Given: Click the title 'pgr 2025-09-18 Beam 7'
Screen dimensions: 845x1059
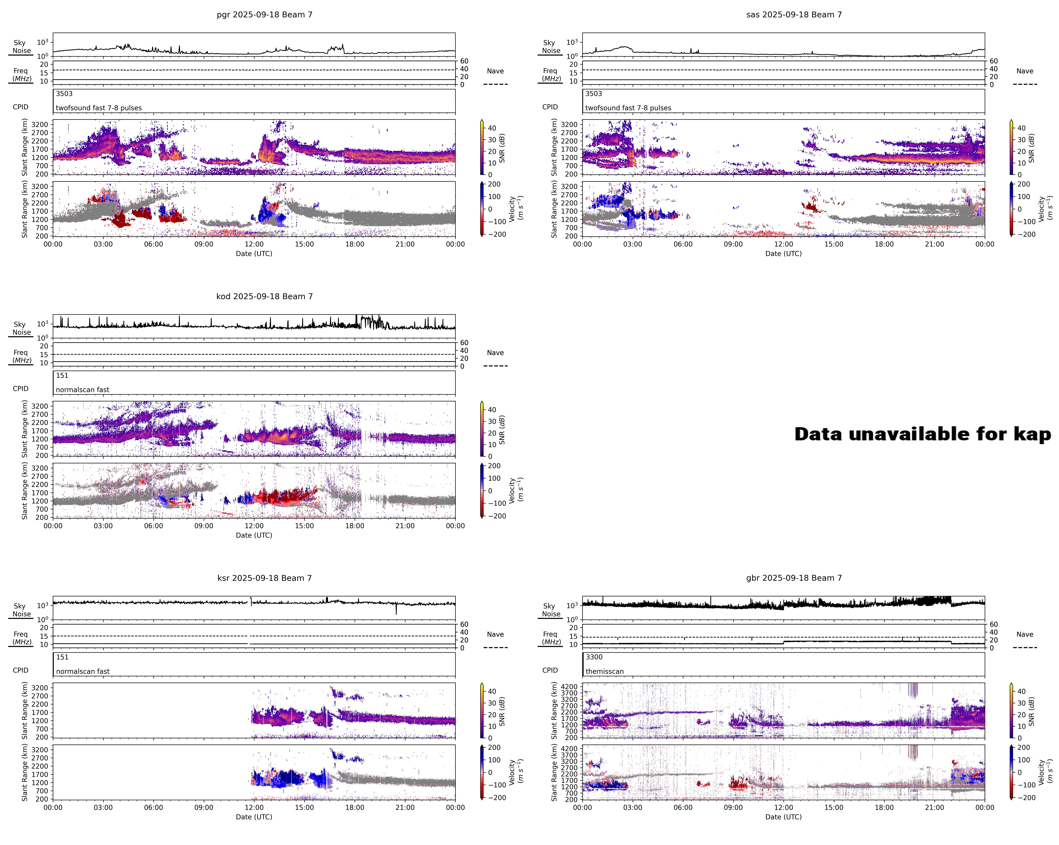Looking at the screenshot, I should (264, 15).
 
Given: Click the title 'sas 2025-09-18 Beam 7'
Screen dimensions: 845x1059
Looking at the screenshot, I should (794, 15).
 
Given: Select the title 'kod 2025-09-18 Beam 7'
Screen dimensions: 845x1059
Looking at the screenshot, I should (264, 296).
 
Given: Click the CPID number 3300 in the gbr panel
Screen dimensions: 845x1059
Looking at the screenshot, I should (594, 657).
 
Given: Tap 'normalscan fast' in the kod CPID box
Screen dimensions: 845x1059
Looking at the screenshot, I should (82, 390).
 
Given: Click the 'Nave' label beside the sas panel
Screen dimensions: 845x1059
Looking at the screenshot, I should (1025, 71).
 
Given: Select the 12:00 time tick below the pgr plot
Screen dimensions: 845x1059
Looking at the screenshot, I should (254, 244).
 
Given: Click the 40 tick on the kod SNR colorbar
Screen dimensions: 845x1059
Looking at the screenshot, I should (492, 410).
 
